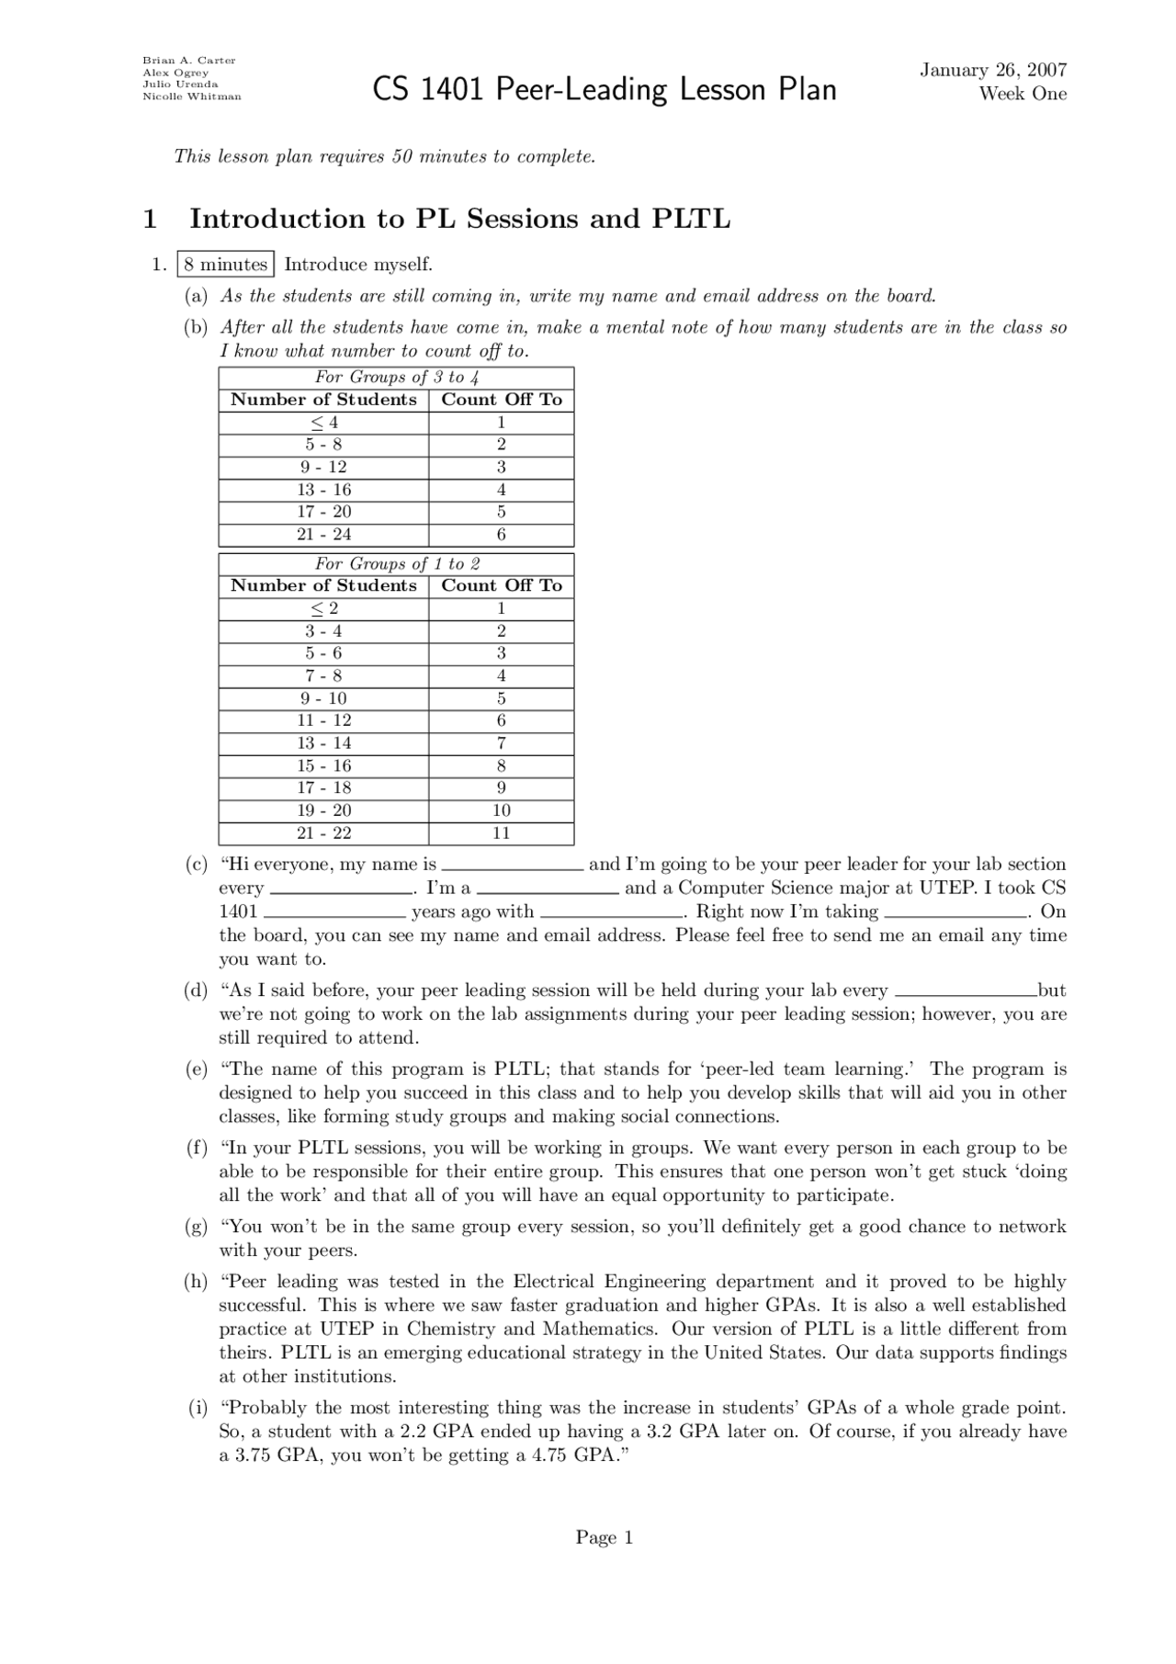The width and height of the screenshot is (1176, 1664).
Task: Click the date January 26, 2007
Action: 992,70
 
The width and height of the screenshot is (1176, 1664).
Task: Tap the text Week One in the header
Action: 1022,94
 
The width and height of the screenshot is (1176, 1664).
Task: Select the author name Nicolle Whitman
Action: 191,96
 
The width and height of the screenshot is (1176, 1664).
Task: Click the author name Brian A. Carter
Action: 188,61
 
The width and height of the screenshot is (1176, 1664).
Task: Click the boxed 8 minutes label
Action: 225,265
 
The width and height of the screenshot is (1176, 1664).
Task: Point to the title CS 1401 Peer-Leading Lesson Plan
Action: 605,90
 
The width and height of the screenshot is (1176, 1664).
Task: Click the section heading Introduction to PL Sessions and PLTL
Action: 459,219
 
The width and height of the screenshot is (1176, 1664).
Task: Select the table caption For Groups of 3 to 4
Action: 396,377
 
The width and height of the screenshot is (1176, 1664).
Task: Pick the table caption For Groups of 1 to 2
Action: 396,563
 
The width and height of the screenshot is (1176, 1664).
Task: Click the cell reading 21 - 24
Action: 323,535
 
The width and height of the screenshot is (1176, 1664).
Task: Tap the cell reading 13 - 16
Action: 323,490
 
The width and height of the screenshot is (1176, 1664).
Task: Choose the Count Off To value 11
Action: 501,833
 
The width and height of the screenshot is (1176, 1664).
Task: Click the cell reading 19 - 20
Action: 323,810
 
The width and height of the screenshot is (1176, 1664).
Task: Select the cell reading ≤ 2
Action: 323,608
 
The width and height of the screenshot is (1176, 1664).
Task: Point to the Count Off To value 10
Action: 501,810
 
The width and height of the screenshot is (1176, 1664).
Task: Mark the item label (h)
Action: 196,1282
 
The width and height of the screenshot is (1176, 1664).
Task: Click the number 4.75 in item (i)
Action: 549,1455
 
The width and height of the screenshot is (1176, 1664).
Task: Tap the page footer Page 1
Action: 604,1537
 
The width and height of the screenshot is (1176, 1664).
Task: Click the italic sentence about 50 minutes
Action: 385,156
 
